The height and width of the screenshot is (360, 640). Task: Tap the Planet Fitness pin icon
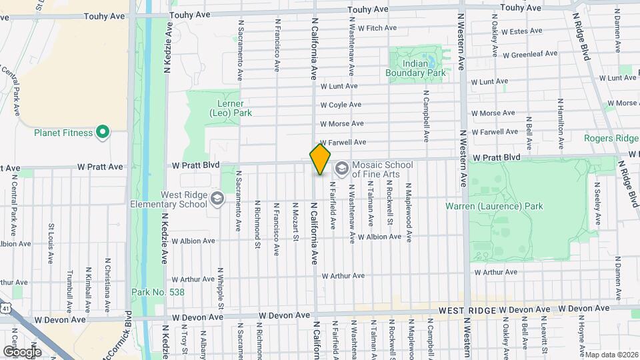click(x=102, y=133)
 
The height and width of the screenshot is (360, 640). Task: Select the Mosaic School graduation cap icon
click(x=342, y=169)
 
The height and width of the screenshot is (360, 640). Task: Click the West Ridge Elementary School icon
click(x=217, y=199)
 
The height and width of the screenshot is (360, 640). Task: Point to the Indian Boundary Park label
click(x=415, y=68)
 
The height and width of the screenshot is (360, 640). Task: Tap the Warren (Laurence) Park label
click(x=494, y=206)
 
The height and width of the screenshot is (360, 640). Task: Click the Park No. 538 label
click(x=158, y=292)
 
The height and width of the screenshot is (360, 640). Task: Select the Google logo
click(x=22, y=351)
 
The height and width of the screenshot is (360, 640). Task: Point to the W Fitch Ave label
click(x=377, y=28)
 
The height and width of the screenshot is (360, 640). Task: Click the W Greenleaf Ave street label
click(x=529, y=53)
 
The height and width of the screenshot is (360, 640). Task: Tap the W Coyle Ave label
click(x=341, y=105)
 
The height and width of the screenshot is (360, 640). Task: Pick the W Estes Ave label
click(x=523, y=31)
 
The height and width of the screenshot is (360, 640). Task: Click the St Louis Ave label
click(x=51, y=237)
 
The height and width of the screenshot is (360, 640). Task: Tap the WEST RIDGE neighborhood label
click(x=467, y=311)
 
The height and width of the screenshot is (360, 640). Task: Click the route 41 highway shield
click(x=5, y=309)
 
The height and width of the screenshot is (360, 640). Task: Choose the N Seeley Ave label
click(x=597, y=200)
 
